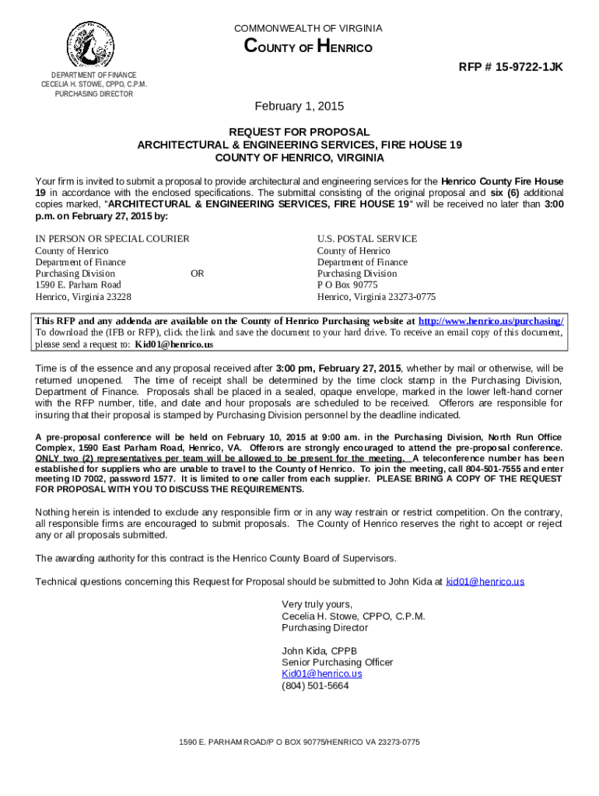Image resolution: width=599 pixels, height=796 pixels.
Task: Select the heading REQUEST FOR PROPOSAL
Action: (299, 132)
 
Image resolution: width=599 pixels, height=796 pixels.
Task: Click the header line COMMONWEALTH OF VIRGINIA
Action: (309, 28)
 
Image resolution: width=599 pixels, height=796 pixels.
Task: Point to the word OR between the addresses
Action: (198, 274)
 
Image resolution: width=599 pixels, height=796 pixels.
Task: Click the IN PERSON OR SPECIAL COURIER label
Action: (112, 239)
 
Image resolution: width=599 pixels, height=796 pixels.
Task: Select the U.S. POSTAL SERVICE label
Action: (366, 239)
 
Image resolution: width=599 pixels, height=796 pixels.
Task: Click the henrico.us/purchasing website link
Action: (491, 320)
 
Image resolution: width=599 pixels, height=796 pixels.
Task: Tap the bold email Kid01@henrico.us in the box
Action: (174, 344)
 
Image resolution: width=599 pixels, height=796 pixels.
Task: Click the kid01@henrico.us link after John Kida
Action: (485, 581)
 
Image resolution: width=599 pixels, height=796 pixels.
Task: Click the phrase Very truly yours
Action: (317, 604)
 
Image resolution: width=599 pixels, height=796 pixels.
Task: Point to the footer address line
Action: (299, 742)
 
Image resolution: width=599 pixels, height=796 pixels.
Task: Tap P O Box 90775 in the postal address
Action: (347, 285)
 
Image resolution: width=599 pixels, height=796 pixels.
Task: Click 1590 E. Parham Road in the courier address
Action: (78, 285)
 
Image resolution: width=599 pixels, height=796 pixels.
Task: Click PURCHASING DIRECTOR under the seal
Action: (93, 94)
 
